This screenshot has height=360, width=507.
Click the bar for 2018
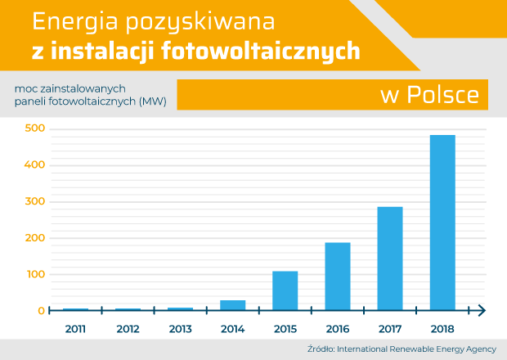[442, 222]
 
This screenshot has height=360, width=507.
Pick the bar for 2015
[285, 290]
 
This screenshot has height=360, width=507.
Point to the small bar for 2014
[233, 305]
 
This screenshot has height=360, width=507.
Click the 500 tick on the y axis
[36, 129]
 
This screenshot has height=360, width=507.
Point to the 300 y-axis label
[36, 202]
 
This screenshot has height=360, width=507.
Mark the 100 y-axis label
[36, 275]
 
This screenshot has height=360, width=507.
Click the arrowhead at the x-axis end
[482, 309]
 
